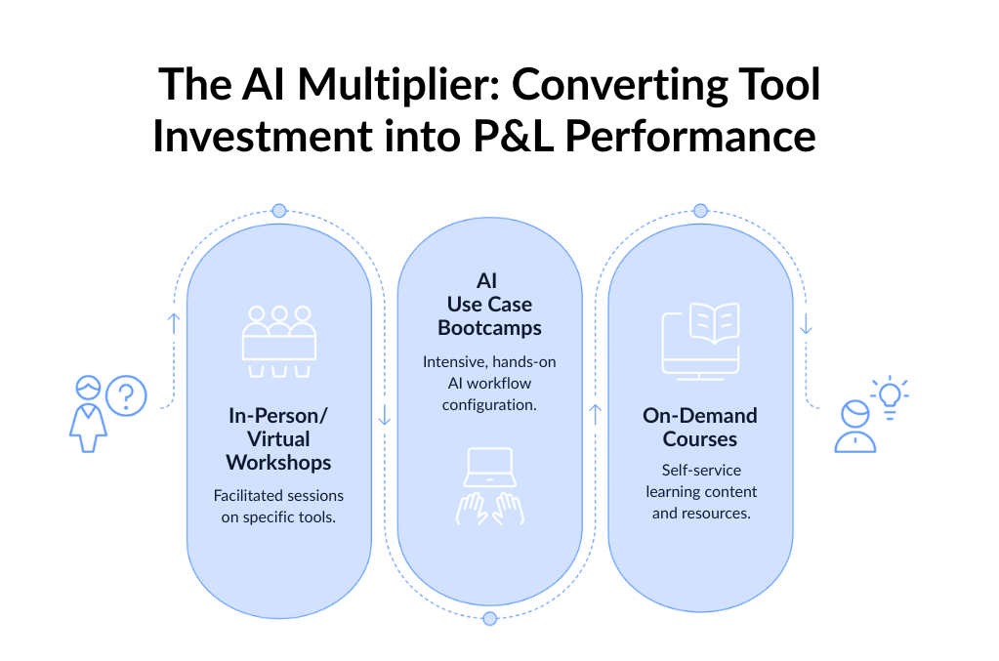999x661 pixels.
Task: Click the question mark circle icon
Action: [126, 396]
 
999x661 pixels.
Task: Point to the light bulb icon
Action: [890, 394]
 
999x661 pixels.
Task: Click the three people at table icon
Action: [279, 342]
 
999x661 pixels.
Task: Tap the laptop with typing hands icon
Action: [489, 486]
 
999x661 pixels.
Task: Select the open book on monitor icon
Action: [700, 340]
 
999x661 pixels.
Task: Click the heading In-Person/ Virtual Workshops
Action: [278, 438]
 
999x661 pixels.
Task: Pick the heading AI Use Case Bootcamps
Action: [489, 305]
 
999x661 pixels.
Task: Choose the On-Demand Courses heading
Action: [700, 427]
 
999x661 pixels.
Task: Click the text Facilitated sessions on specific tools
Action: [278, 506]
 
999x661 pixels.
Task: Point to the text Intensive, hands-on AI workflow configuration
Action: [489, 383]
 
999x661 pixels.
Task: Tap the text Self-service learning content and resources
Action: [700, 491]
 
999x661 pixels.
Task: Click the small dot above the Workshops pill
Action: [279, 211]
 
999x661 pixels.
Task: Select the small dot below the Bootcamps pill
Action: [489, 618]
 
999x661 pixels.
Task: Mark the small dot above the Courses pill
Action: [700, 211]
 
